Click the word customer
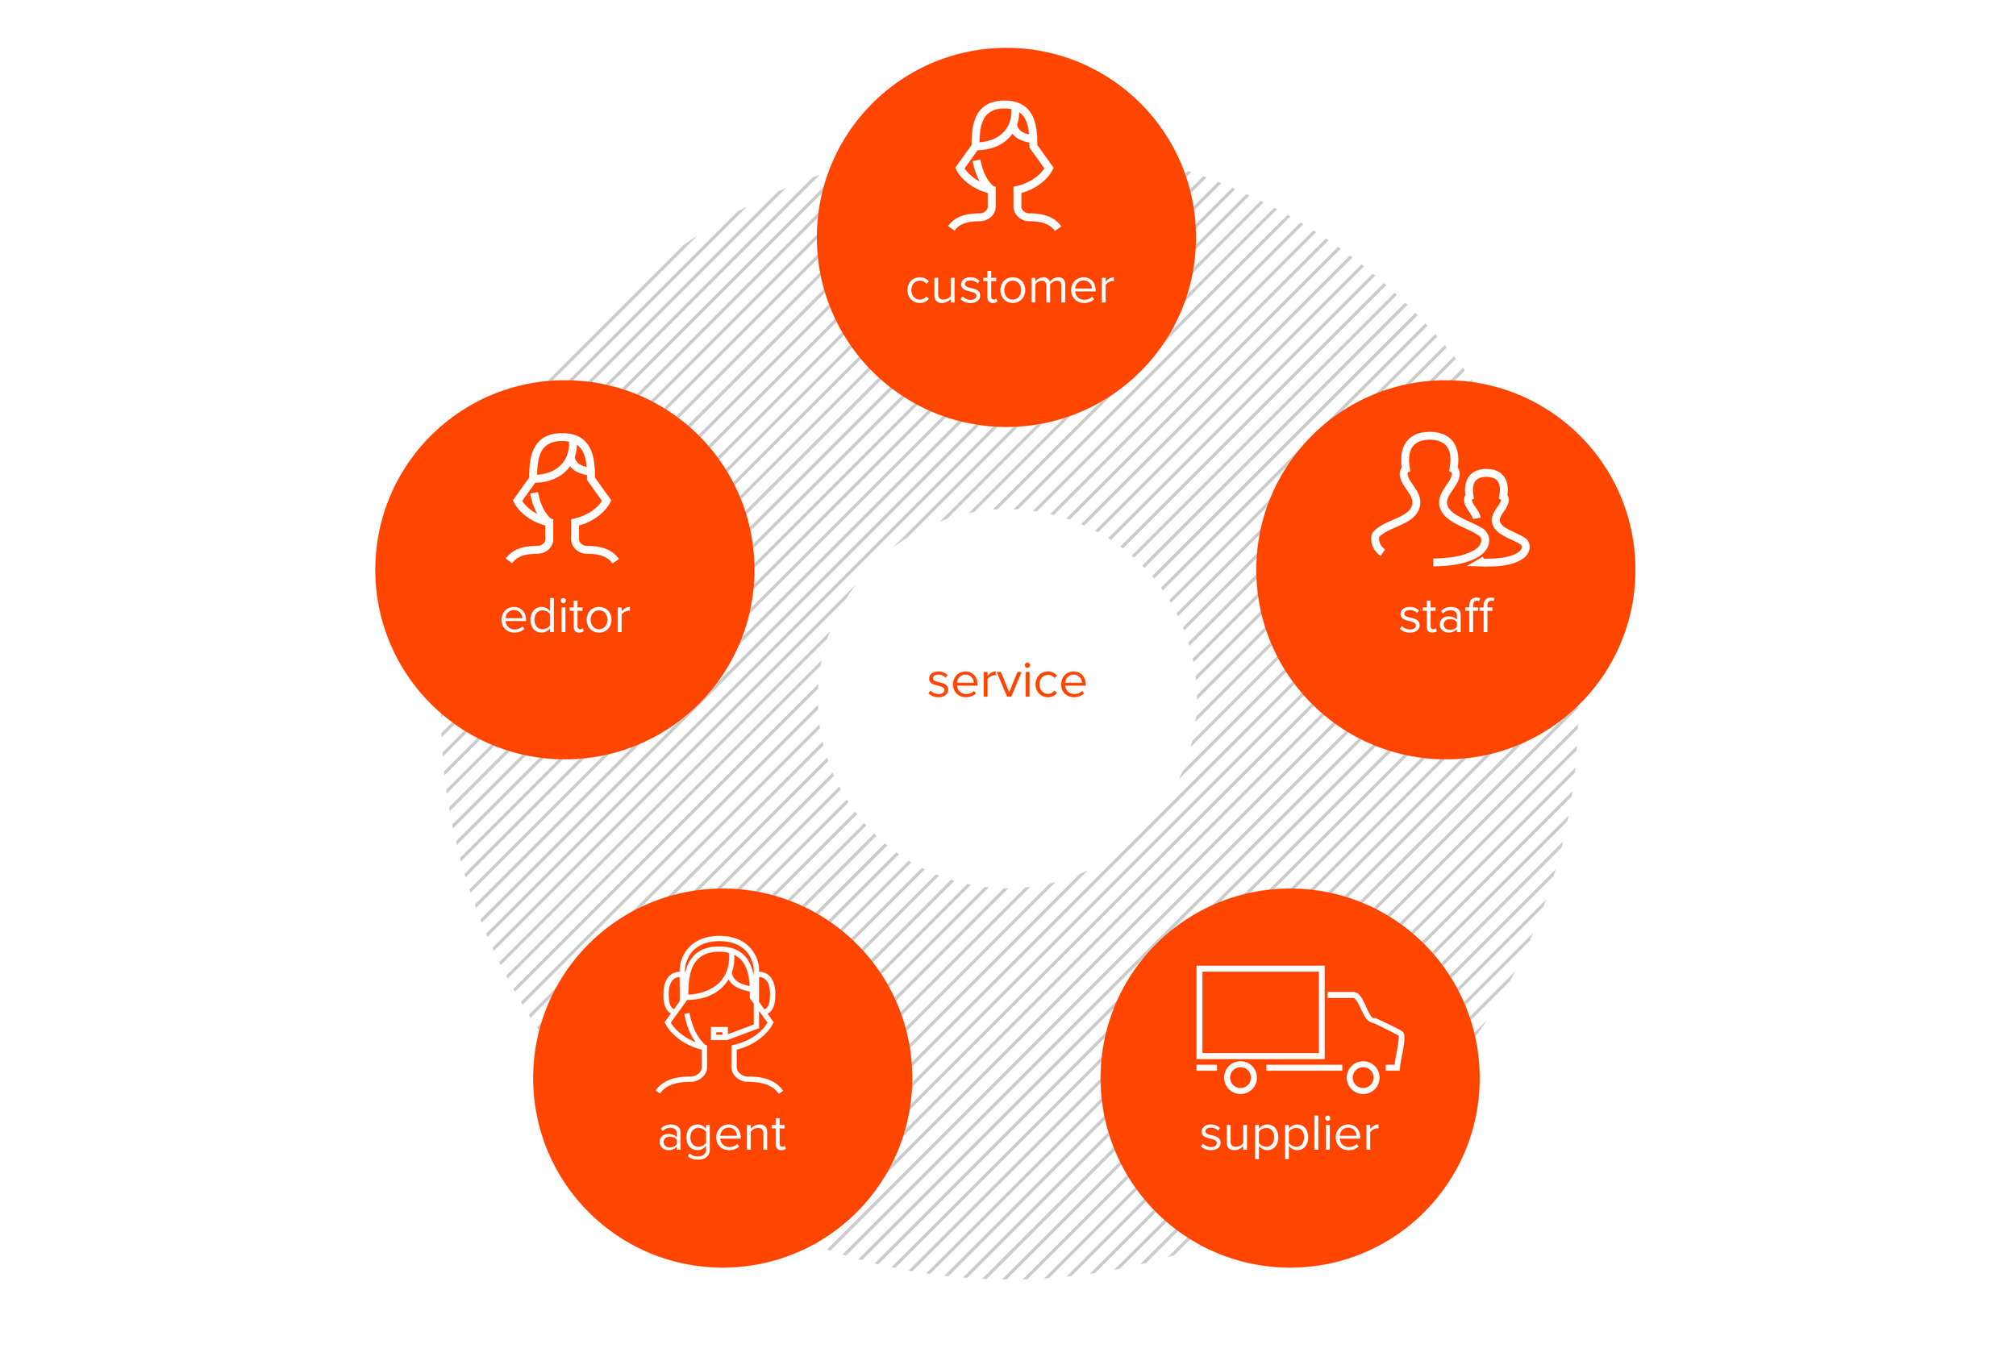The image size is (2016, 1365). coord(1009,288)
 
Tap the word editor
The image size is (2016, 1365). coord(564,618)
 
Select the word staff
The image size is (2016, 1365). coord(1445,617)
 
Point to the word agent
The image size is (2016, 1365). coord(722,1134)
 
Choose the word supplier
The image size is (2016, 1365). coord(1289,1134)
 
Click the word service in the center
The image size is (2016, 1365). coord(1006,681)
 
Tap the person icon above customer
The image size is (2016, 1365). coord(1005,164)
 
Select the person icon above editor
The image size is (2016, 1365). coord(562,497)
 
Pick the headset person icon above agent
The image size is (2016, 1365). coord(719,1014)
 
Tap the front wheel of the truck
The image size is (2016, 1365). coord(1362,1077)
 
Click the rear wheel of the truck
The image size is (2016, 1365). coord(1239,1077)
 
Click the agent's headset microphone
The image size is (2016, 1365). coord(719,1032)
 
